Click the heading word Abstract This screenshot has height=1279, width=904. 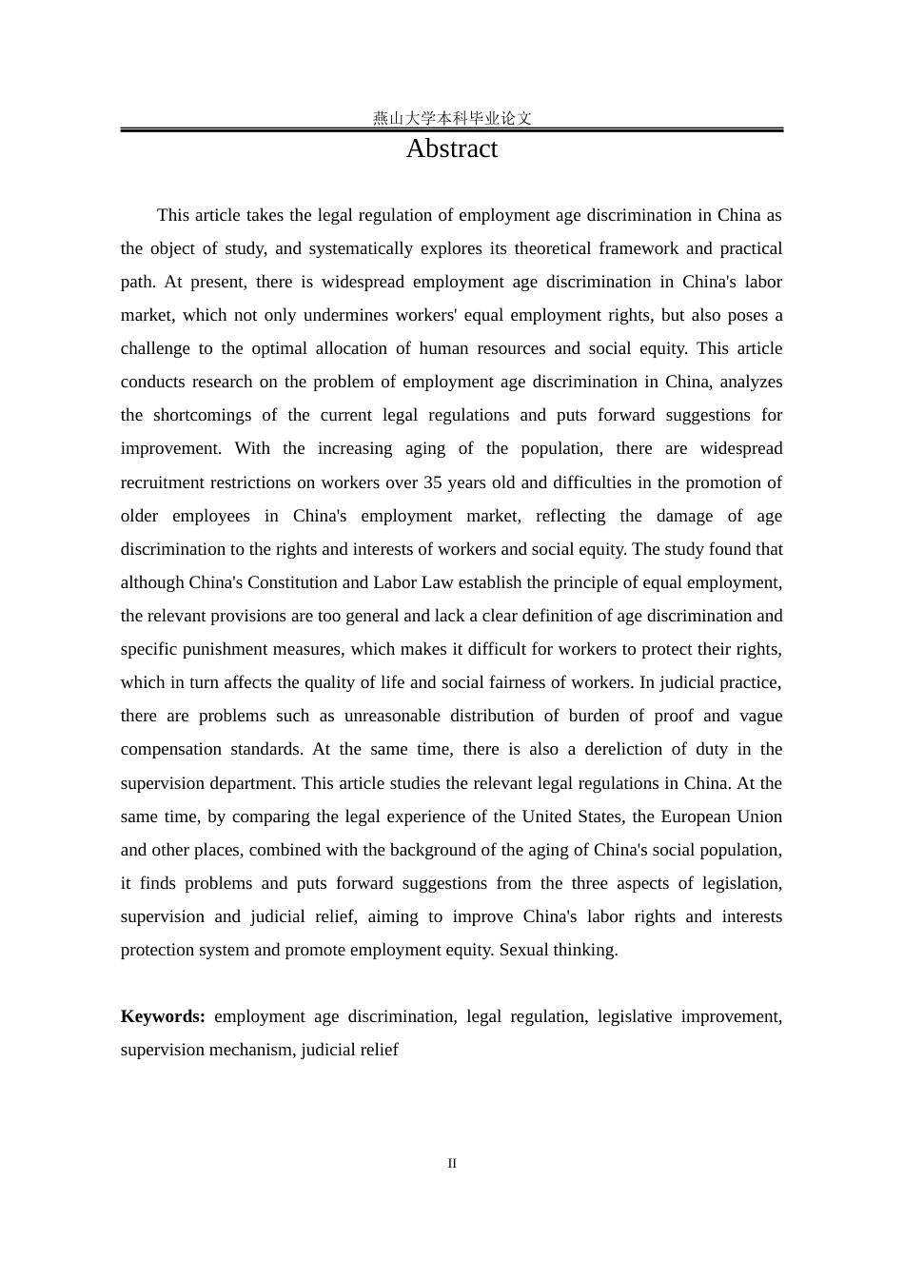point(451,149)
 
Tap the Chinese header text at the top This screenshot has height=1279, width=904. point(451,118)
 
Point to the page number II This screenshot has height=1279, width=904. point(452,1163)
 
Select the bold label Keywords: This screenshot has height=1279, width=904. point(163,1016)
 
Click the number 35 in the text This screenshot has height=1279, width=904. point(433,482)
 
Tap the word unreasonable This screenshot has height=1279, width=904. point(392,716)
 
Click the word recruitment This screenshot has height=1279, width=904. point(166,482)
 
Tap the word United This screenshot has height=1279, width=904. point(576,817)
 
